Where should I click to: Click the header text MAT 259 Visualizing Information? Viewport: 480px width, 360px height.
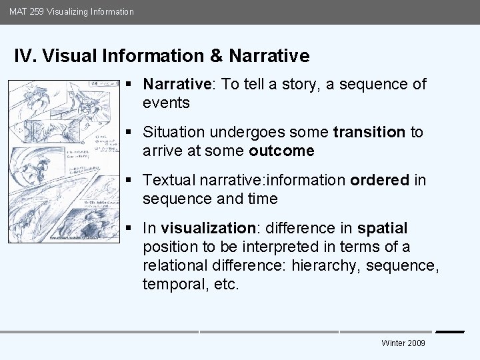(71, 11)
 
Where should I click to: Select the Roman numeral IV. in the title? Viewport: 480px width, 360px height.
(25, 55)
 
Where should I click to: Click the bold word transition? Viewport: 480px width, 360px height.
(369, 132)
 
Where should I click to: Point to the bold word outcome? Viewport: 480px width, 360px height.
(281, 151)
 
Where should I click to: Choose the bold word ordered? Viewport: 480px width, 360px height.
(379, 180)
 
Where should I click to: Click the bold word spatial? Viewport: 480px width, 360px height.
(382, 228)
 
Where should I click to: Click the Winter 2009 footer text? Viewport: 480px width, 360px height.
(403, 343)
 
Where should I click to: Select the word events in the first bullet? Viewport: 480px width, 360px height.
(166, 103)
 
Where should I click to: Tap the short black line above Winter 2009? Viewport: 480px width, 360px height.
(449, 331)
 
